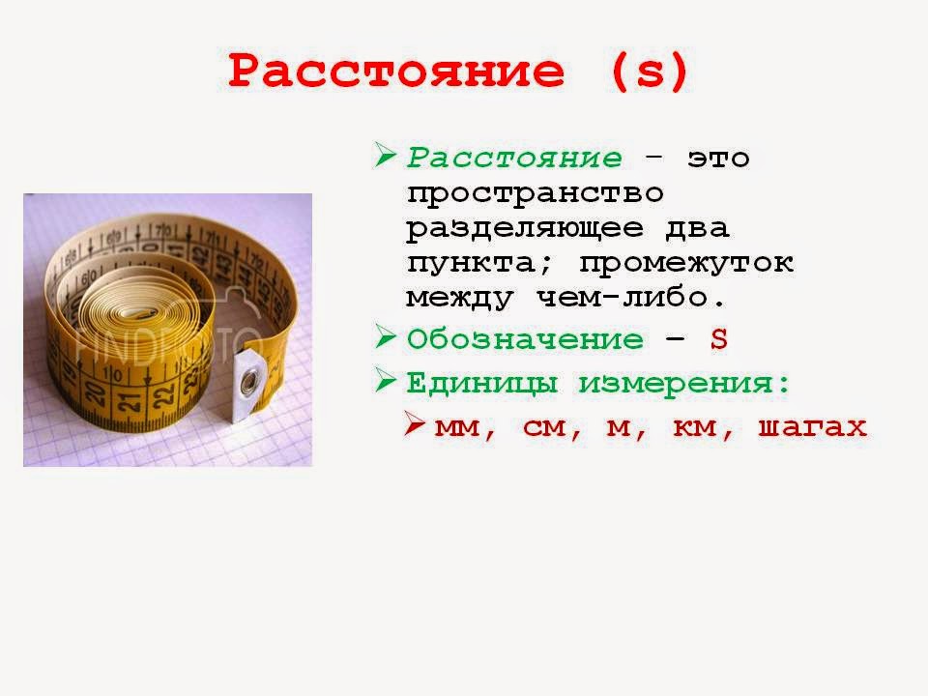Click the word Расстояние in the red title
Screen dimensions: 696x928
pos(396,72)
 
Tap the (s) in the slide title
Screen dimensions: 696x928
pos(650,72)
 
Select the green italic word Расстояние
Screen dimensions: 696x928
pos(514,158)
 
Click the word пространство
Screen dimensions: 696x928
pos(536,193)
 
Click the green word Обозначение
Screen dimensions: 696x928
pos(525,339)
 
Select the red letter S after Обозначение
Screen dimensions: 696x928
pos(718,339)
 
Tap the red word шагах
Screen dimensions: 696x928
pos(813,427)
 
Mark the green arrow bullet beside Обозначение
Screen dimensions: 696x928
pos(386,337)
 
